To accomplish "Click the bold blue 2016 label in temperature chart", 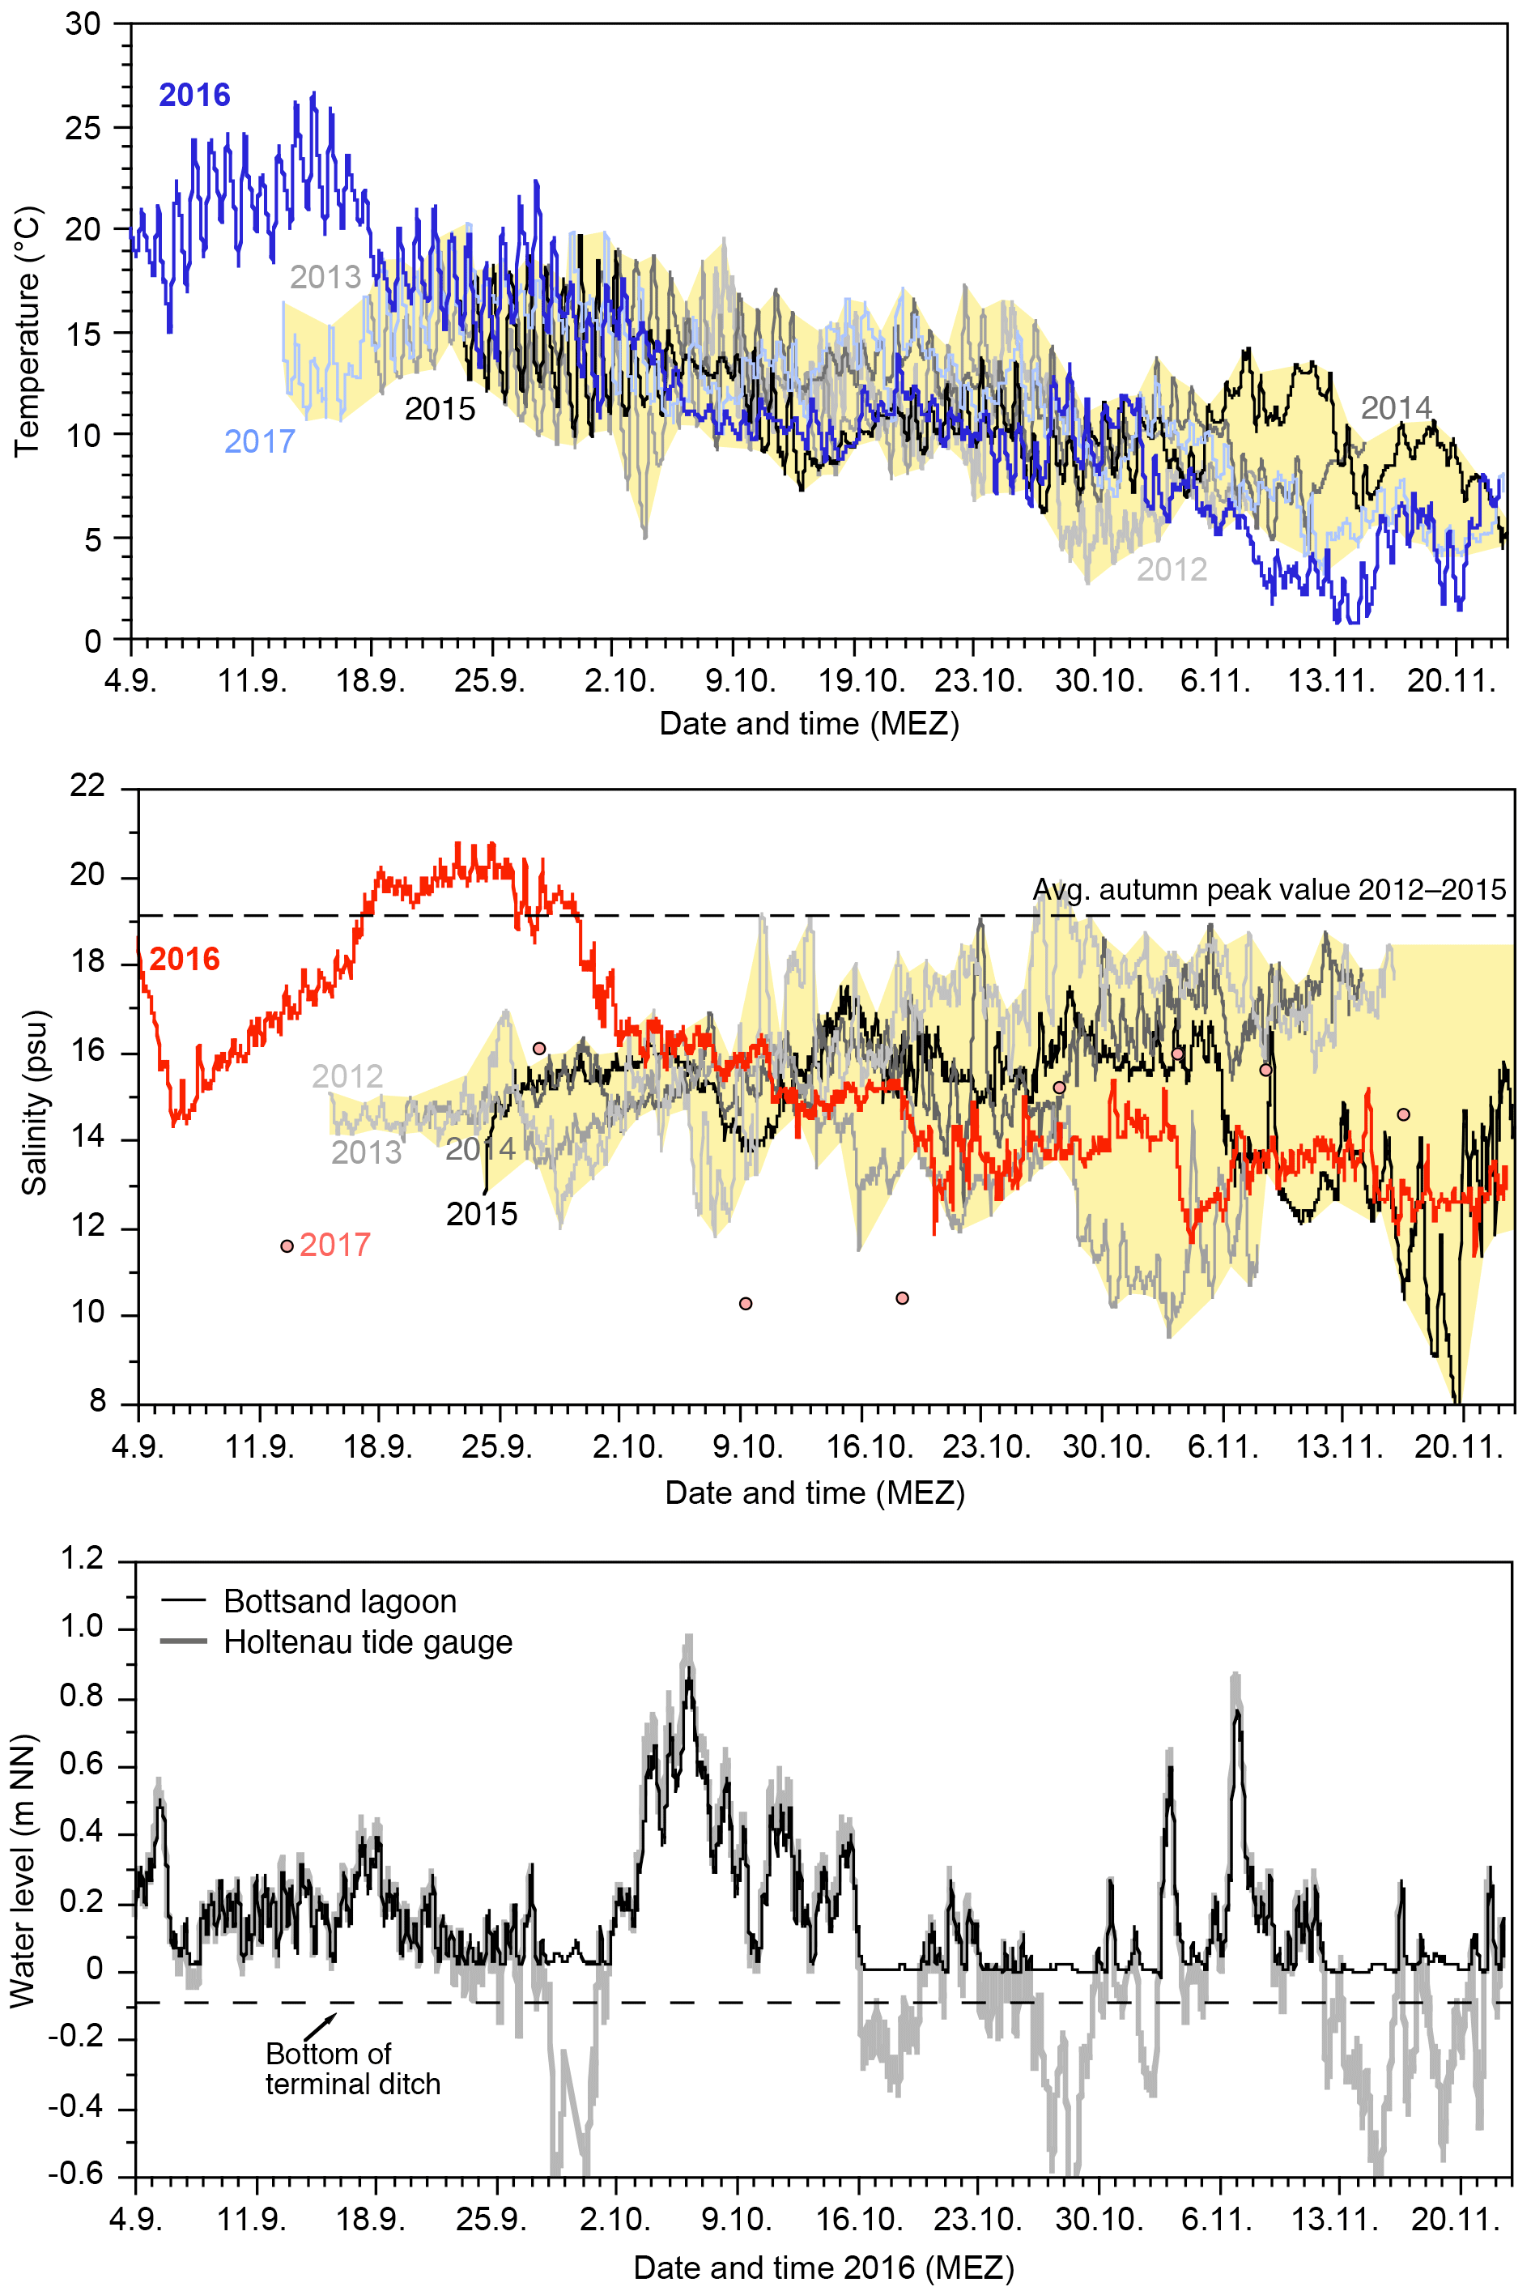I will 194,95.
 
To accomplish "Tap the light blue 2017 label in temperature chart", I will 260,442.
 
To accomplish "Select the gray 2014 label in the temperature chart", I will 1397,407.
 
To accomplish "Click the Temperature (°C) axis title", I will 28,332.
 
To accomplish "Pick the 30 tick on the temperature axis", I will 83,24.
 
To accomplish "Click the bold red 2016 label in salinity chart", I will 185,959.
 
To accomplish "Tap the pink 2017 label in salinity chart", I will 335,1246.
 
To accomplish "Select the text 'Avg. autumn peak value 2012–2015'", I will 1269,890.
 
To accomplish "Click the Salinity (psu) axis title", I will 35,1102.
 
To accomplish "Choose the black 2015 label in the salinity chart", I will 482,1214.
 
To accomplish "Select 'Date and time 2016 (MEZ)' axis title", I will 823,2267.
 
